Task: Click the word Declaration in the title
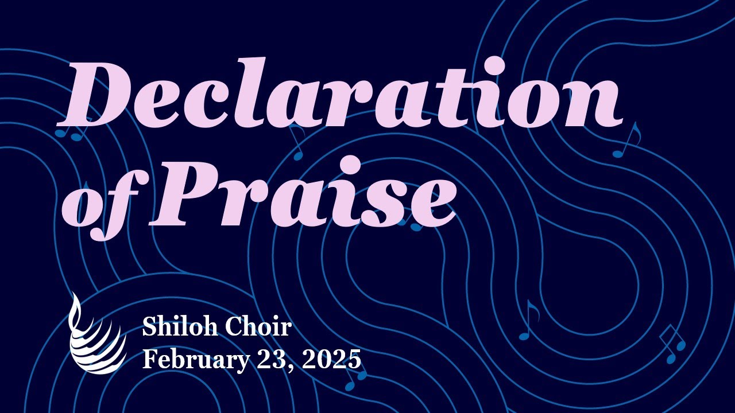click(339, 95)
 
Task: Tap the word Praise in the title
click(304, 195)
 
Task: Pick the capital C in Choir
click(233, 328)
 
